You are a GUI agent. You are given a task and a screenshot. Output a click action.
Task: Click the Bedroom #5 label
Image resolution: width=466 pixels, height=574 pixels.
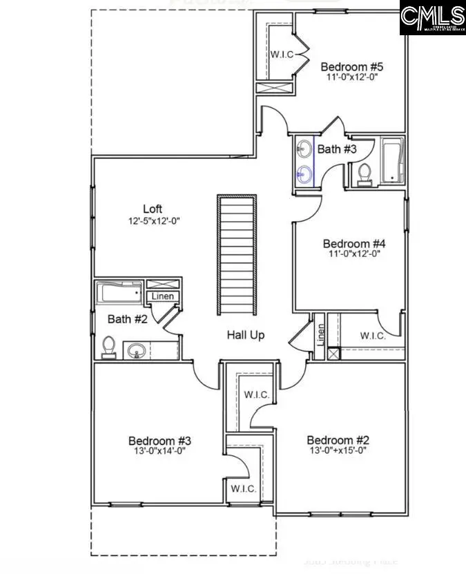point(352,67)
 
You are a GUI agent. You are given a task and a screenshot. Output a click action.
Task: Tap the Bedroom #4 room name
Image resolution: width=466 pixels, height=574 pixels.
point(354,243)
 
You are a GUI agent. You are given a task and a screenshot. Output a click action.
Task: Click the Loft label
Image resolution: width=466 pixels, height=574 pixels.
point(153,209)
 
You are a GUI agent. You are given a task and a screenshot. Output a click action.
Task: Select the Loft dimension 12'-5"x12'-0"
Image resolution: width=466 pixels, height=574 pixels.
point(153,221)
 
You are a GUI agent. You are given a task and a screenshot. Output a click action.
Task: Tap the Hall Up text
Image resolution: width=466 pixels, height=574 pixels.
point(246,335)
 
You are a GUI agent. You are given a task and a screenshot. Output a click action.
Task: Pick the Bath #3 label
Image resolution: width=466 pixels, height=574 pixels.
point(338,149)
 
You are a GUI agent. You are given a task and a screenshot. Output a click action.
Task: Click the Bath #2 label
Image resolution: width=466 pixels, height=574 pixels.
point(128,319)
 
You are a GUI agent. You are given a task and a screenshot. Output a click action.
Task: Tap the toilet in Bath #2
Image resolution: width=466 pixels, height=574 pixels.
point(108,347)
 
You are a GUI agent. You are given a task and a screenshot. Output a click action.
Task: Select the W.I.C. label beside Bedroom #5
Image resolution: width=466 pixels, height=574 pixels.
point(281,54)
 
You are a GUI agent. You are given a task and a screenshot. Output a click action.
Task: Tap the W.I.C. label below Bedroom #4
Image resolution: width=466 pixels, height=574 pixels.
point(373,336)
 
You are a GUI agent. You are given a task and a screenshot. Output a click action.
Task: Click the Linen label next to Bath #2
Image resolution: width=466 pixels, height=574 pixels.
point(163,296)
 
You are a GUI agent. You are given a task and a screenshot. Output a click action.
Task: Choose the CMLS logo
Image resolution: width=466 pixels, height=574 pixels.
point(433,17)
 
